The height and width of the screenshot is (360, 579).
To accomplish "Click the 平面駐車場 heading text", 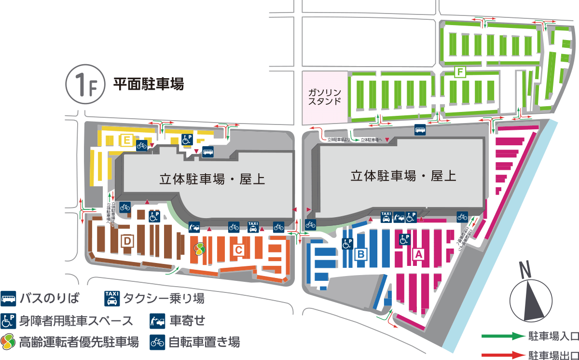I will coord(149,84).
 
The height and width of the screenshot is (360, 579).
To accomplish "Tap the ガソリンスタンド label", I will coord(324,97).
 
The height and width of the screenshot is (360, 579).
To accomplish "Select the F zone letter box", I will coord(460,72).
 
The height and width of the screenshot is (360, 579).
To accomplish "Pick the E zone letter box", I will coord(127,140).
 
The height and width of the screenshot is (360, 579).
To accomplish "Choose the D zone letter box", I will coord(127,240).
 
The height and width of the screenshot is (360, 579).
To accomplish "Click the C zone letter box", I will coord(238,249).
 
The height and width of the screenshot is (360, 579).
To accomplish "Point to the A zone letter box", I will coord(419,253).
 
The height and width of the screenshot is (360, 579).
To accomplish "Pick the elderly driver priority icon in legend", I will coord(9,342).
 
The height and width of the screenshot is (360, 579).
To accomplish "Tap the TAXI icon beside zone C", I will coord(253,226).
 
